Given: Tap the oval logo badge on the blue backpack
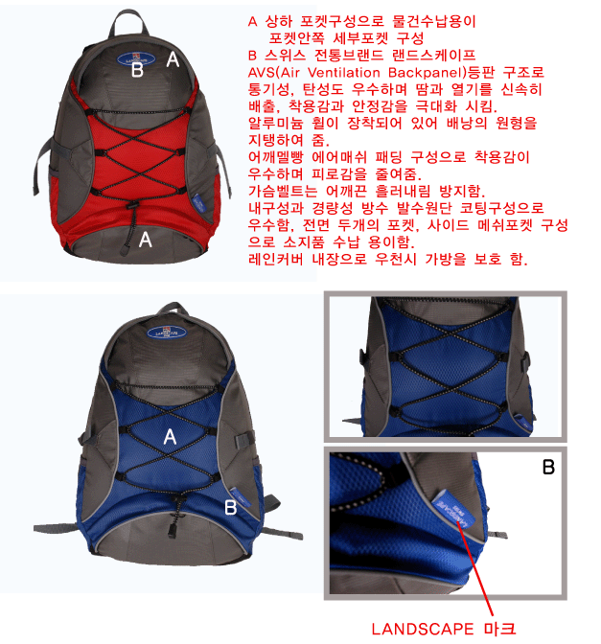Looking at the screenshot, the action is (x=167, y=332).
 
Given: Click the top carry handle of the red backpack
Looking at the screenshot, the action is (x=128, y=21).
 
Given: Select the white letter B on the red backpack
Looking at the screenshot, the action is (x=137, y=69).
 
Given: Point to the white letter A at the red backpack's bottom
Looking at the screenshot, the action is (x=146, y=239).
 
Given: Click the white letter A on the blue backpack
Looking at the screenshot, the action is (x=170, y=437).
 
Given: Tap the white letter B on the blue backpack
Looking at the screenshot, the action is (x=230, y=508).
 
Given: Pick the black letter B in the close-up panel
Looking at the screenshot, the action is (x=548, y=467).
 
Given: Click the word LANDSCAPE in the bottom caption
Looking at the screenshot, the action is (x=423, y=629).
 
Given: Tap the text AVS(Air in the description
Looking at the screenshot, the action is (x=274, y=73).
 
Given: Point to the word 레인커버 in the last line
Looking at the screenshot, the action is (x=276, y=259).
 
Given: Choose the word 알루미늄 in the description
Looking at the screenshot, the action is (x=276, y=123).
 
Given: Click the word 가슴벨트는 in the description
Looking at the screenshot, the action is (x=283, y=191).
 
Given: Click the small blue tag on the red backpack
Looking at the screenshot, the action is (x=198, y=202).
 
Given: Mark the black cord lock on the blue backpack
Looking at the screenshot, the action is (x=173, y=530).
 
